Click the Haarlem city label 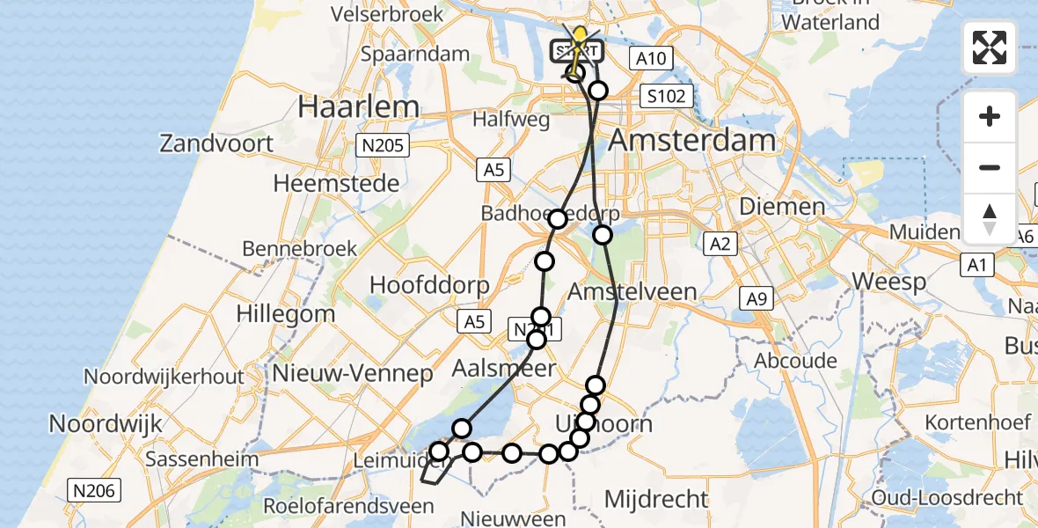click(x=358, y=107)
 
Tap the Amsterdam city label click(x=692, y=140)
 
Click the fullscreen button click(x=990, y=48)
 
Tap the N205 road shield click(x=384, y=145)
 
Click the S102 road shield click(x=666, y=96)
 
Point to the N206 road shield click(x=94, y=490)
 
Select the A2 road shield click(x=720, y=245)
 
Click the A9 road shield click(x=756, y=299)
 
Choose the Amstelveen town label click(x=632, y=291)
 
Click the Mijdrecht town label click(x=656, y=499)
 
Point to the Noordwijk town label click(x=106, y=423)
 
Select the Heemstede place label click(x=336, y=183)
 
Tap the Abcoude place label click(x=795, y=361)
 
